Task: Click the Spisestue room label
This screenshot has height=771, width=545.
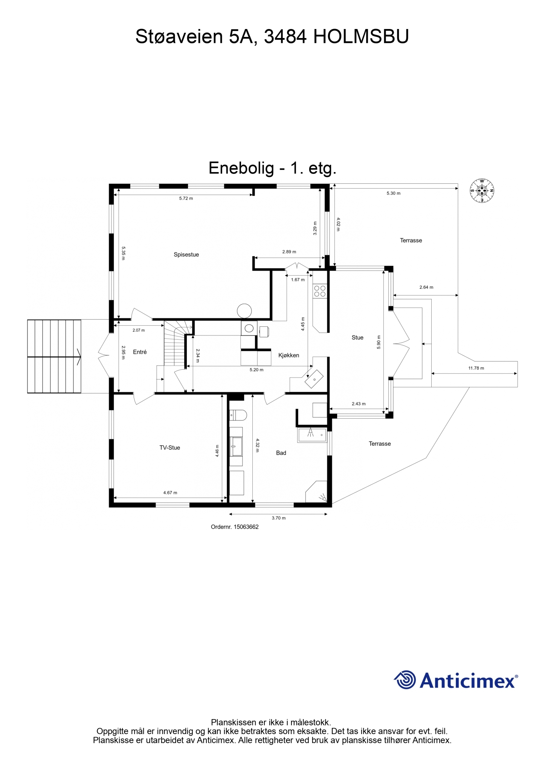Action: (x=186, y=254)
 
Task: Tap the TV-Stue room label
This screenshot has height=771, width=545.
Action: (x=169, y=448)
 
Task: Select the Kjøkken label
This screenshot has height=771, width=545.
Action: (x=289, y=355)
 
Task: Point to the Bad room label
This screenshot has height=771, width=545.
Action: (x=281, y=453)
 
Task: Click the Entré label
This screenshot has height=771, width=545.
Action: (x=140, y=352)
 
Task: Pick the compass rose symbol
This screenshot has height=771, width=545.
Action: (x=482, y=191)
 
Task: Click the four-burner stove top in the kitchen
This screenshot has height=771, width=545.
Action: (x=320, y=291)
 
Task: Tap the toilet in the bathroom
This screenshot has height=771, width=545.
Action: (x=238, y=415)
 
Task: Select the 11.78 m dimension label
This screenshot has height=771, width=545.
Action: (x=476, y=368)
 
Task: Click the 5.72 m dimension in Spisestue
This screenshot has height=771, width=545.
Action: (x=186, y=198)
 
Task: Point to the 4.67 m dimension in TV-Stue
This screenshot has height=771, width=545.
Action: (x=170, y=493)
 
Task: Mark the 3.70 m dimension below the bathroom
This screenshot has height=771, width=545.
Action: (x=279, y=518)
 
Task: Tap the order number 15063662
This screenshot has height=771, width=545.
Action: (x=246, y=527)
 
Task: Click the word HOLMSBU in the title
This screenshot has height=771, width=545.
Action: (x=361, y=37)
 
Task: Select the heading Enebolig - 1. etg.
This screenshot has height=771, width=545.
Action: (x=272, y=168)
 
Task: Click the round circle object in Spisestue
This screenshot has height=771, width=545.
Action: (x=244, y=311)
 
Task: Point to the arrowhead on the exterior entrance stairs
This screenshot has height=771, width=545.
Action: (x=79, y=357)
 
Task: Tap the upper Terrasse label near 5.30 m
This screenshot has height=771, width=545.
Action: (x=411, y=240)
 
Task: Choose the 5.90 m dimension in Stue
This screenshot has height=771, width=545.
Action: (x=379, y=342)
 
